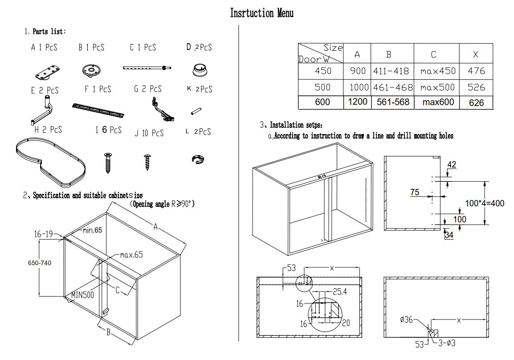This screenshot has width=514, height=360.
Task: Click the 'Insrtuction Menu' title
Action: pyautogui.click(x=261, y=13)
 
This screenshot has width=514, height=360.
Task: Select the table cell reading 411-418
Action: pyautogui.click(x=392, y=71)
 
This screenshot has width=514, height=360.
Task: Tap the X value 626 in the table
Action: pyautogui.click(x=476, y=102)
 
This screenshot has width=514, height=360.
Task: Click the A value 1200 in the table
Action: pyautogui.click(x=358, y=102)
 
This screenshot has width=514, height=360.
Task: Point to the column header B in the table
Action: pyautogui.click(x=389, y=55)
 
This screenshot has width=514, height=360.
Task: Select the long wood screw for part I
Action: pyautogui.click(x=107, y=163)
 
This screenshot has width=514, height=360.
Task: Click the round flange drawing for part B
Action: pyautogui.click(x=92, y=70)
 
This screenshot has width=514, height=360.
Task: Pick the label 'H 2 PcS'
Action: pyautogui.click(x=48, y=130)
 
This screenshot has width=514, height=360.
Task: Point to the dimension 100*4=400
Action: pyautogui.click(x=485, y=203)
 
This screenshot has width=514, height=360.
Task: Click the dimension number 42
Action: pyautogui.click(x=452, y=165)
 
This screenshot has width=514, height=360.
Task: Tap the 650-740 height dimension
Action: pyautogui.click(x=39, y=263)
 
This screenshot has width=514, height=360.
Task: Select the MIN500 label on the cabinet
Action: pyautogui.click(x=83, y=295)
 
